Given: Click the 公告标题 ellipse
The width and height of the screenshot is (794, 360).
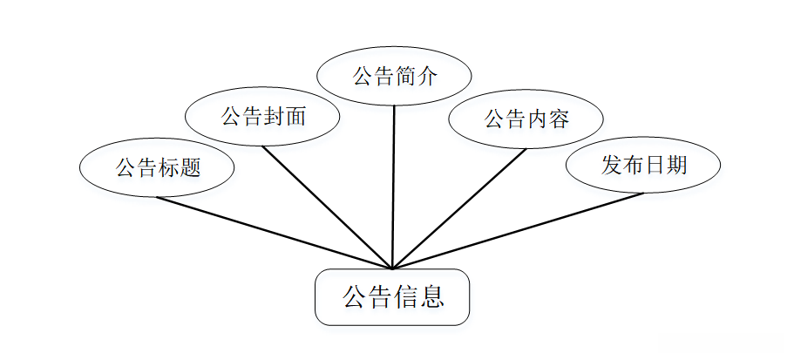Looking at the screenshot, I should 157,167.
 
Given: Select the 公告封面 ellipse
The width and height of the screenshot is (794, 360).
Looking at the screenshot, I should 263,116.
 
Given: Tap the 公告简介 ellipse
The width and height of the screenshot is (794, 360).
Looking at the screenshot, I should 394,76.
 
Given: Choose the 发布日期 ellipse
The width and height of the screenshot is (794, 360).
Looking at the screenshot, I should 643,165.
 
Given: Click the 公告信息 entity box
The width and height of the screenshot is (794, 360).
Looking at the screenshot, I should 392,297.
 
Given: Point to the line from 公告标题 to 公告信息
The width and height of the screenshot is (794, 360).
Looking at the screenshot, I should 275,233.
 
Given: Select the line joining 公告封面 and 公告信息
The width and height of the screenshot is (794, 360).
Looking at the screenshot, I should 328,207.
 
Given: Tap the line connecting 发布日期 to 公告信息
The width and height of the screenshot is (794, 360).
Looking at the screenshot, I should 519,231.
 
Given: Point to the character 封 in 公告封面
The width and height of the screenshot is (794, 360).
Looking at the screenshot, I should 274,117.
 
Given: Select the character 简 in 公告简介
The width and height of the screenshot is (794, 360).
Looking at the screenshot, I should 404,77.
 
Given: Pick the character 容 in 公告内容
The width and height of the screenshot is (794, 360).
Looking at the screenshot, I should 559,119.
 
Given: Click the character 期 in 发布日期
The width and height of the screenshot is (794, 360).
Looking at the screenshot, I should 675,166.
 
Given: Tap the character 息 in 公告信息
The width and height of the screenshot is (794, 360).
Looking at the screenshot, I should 432,298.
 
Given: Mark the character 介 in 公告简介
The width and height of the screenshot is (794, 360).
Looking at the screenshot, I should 425,77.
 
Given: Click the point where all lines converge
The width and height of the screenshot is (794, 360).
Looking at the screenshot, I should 392,268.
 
